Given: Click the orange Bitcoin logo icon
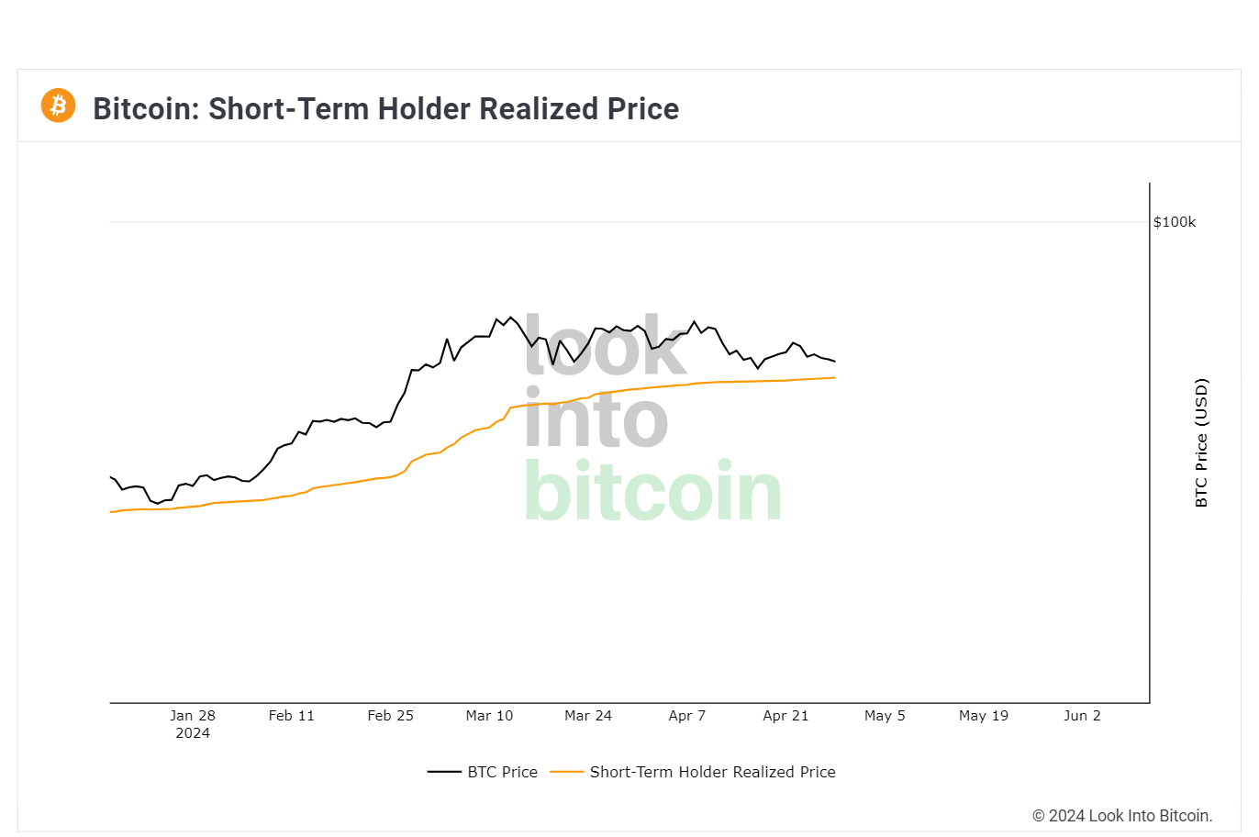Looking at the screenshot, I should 58,106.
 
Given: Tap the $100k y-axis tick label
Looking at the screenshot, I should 1175,222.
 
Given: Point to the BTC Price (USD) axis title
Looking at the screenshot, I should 1201,442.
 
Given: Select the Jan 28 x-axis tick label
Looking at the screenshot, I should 193,716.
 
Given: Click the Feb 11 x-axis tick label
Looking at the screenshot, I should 292,716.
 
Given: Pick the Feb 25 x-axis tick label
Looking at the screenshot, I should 391,716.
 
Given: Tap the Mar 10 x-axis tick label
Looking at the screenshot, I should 489,716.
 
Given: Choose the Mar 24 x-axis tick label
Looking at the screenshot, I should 588,716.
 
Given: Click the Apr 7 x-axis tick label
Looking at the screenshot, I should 687,716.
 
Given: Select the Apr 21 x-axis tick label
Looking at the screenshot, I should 785,716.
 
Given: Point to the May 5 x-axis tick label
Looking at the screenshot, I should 885,716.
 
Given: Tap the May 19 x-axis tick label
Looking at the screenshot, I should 984,716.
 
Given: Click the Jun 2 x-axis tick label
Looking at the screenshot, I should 1082,716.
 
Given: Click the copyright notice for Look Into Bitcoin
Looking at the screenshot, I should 1122,816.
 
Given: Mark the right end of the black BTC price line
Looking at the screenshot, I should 834,362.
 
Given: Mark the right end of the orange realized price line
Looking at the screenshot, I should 834,377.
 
